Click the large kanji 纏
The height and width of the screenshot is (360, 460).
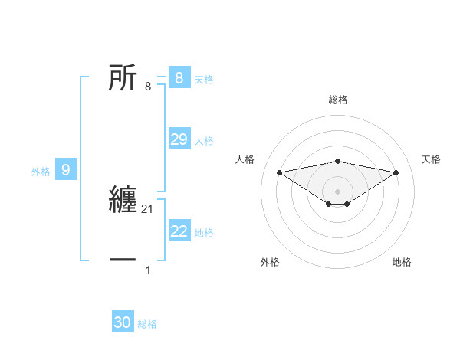(123, 201)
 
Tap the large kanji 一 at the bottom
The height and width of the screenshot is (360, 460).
(123, 260)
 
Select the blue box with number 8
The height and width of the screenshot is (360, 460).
(179, 77)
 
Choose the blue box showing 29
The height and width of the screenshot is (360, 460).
(179, 139)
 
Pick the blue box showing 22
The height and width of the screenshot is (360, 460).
(179, 231)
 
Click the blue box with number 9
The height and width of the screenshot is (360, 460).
(66, 170)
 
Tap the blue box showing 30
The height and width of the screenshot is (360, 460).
(123, 322)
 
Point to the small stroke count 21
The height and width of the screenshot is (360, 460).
(149, 209)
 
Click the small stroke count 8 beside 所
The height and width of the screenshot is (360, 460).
(148, 86)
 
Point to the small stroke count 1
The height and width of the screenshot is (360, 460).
(148, 270)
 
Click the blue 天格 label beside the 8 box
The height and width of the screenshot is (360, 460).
(204, 79)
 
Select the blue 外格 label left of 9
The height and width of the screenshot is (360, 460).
(41, 172)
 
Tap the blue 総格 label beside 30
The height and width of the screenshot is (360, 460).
(147, 324)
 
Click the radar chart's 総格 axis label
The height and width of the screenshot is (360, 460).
(338, 100)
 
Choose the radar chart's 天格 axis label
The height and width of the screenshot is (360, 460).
(432, 159)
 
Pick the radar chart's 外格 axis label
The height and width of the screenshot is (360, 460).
(270, 262)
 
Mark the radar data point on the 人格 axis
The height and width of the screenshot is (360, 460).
(280, 172)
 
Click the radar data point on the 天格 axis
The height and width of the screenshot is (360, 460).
(396, 172)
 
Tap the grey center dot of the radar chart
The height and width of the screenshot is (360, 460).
(337, 191)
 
